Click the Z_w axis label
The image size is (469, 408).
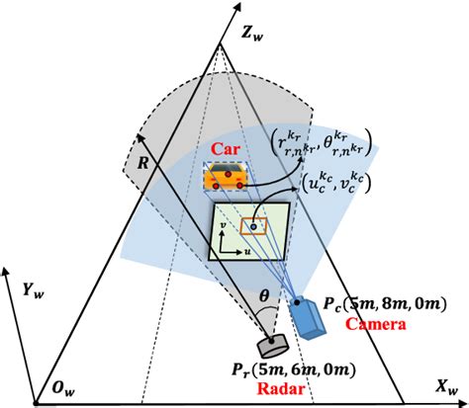tap(251, 33)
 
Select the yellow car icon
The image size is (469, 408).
tap(226, 178)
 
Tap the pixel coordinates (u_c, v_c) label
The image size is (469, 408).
tap(338, 187)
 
